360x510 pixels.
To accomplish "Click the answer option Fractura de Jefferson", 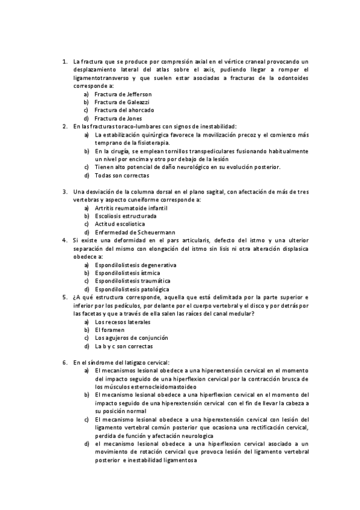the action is tap(123, 94).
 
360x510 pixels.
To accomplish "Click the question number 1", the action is tap(64, 61).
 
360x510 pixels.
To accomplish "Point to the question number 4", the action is tap(64, 240).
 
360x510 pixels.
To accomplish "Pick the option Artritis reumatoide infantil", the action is tap(131, 207).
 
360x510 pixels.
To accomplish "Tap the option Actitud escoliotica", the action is tap(121, 224).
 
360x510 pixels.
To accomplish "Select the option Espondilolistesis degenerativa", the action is tap(136, 265).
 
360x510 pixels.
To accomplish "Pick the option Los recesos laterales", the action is tap(123, 322).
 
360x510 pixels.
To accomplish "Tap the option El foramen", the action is tap(110, 330).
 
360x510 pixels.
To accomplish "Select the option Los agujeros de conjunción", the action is tap(128, 338).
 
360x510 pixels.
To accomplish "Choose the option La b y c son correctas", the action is tap(124, 346).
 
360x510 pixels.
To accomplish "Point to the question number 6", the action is tap(64, 363).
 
